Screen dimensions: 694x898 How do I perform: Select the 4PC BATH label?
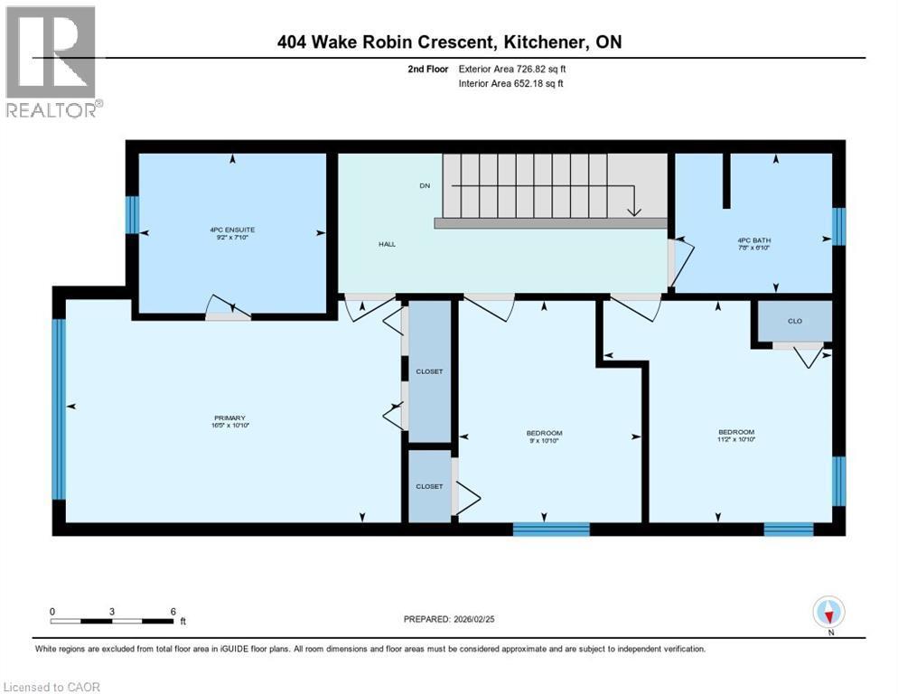click(x=753, y=240)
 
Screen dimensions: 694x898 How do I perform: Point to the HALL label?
click(x=387, y=244)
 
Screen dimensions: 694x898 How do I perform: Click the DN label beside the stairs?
click(x=425, y=185)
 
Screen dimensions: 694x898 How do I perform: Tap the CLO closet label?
click(x=794, y=321)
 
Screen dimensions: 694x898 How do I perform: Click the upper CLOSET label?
click(x=429, y=371)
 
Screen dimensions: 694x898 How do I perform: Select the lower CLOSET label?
click(x=429, y=486)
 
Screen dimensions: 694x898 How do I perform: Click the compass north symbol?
click(x=828, y=612)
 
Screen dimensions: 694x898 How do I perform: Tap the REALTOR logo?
click(x=51, y=61)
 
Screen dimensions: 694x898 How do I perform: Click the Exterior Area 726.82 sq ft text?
click(x=512, y=68)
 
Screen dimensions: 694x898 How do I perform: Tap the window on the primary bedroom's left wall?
click(x=59, y=408)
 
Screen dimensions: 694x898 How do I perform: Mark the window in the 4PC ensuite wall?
click(x=132, y=215)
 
